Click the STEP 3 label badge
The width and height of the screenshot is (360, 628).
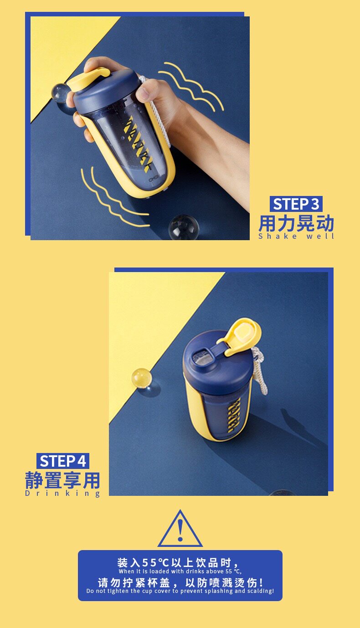(296, 204)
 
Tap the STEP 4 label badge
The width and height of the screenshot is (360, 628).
(63, 461)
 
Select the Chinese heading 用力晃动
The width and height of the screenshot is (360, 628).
(296, 223)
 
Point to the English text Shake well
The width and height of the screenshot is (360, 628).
(296, 237)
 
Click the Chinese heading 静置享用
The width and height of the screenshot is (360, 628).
(62, 480)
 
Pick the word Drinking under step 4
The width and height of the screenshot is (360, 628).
(62, 494)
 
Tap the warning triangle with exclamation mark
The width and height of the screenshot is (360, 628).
(180, 529)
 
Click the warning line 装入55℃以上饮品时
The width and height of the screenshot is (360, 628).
(179, 562)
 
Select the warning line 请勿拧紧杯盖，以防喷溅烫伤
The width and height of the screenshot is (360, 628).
(180, 582)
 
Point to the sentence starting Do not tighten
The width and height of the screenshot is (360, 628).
(180, 591)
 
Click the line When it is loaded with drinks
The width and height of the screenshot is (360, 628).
(180, 571)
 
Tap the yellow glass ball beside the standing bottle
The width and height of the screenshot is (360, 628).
(142, 378)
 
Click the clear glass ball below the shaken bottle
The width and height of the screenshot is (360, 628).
(184, 227)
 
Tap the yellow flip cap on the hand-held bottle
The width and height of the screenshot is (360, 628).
(88, 79)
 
